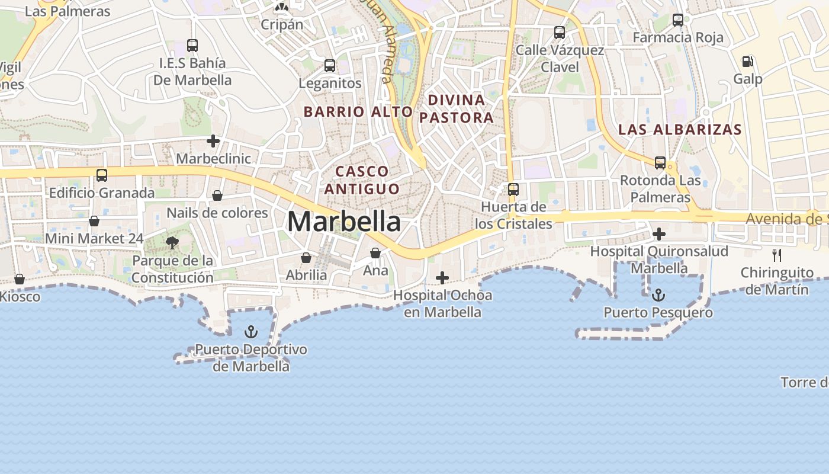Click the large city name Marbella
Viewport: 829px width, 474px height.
pos(344,222)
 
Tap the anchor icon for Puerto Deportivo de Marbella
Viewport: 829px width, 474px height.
pos(251,331)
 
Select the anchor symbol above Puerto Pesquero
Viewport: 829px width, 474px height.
pos(658,294)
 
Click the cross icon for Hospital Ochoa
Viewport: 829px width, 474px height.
pos(442,278)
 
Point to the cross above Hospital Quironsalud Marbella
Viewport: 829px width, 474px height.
pos(658,234)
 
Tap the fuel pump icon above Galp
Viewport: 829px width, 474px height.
pos(748,62)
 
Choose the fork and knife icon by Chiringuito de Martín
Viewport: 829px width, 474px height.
pos(777,255)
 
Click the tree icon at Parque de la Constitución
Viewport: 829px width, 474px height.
pos(172,242)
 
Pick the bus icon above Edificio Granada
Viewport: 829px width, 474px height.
pos(102,175)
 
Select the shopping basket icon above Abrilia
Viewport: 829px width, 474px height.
pos(306,258)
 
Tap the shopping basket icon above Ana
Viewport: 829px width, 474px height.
pos(375,253)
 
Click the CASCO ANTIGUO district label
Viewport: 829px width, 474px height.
pos(362,180)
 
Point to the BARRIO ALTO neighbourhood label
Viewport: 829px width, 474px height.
pos(358,111)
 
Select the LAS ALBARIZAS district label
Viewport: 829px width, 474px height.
pos(680,130)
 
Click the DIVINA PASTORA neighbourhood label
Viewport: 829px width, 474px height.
pos(457,108)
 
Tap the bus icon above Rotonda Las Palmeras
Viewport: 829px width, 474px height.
pos(660,163)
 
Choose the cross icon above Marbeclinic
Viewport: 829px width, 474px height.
pos(213,141)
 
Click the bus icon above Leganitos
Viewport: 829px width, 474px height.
pos(330,66)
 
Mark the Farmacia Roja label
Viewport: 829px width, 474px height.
pos(678,37)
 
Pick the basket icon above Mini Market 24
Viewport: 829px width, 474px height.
pos(94,221)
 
